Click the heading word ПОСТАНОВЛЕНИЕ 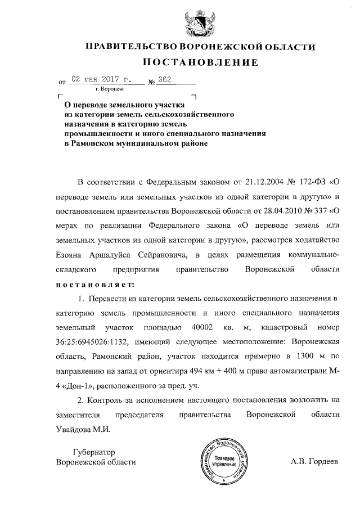point(200,62)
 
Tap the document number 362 point(164,79)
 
